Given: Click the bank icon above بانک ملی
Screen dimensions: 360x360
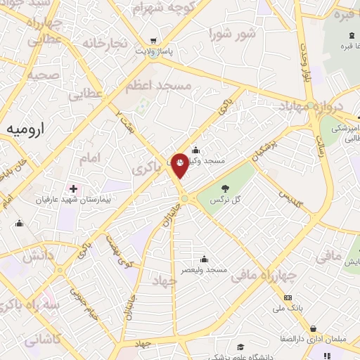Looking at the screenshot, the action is coord(287,297).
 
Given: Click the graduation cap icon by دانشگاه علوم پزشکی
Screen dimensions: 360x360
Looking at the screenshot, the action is coord(240,346).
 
